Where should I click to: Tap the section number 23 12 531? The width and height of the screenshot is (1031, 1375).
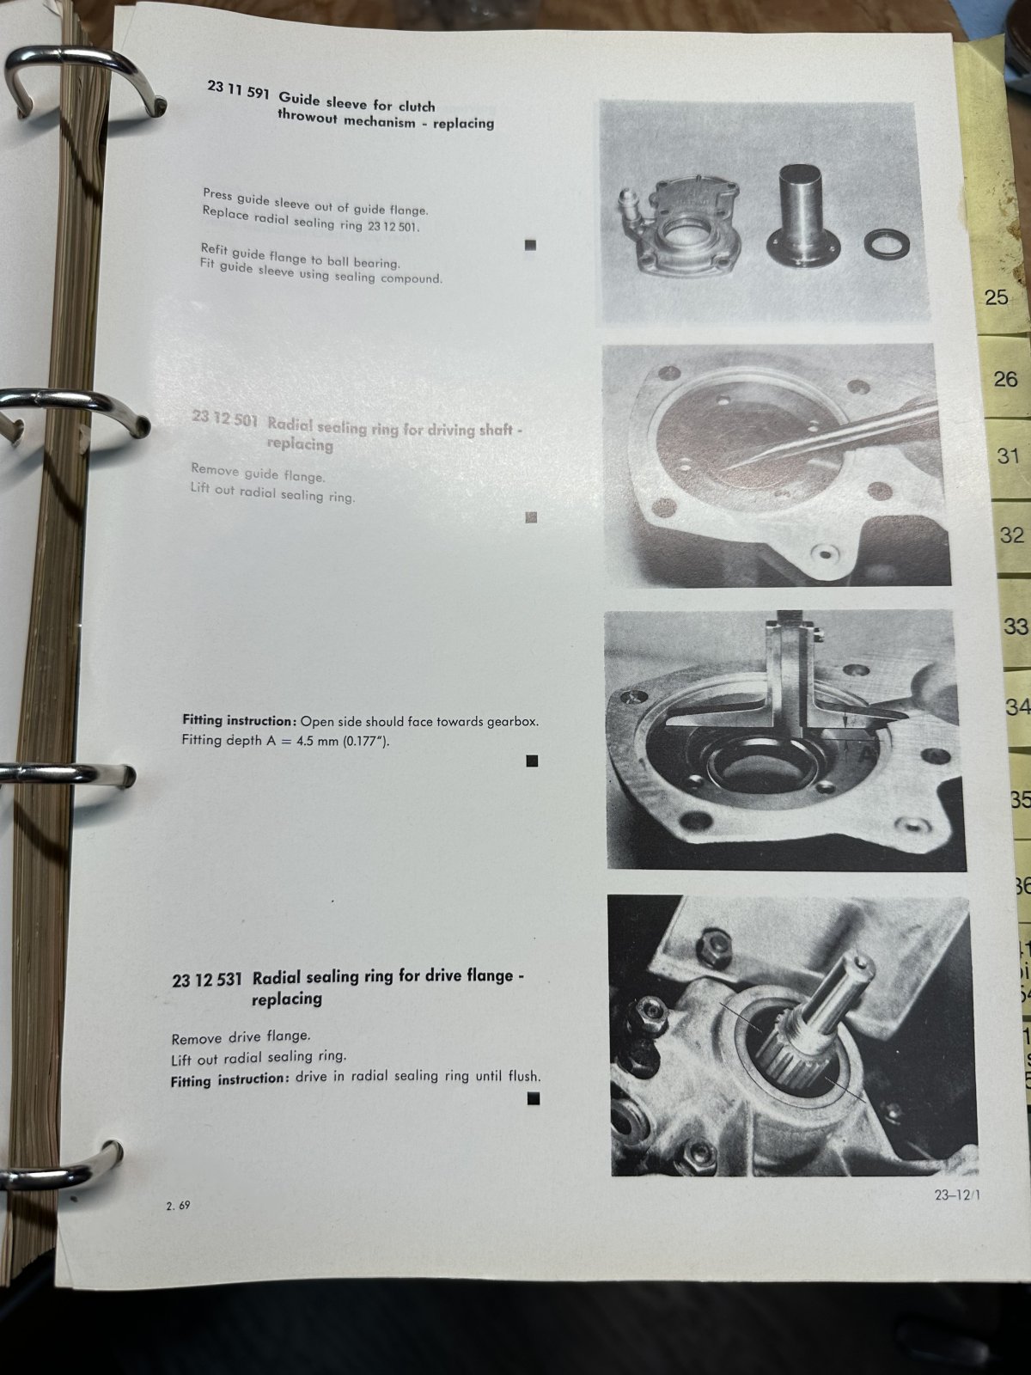coord(206,980)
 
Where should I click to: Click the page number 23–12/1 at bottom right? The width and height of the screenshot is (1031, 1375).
coord(957,1195)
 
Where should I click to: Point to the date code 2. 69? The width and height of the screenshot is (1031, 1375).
coord(179,1206)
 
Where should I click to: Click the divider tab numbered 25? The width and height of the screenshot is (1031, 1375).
coord(996,296)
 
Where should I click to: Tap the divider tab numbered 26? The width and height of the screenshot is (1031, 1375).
coord(1004,378)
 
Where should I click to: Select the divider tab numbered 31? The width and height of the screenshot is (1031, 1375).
coord(1007,455)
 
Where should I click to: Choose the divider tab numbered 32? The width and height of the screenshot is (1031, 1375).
coord(1011,535)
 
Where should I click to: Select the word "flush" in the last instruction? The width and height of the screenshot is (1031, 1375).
coord(524,1076)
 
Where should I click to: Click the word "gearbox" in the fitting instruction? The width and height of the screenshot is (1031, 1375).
coord(515,722)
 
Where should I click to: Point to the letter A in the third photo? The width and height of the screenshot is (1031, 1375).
coord(865,755)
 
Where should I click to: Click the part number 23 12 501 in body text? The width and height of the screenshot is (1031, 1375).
coord(393,227)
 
